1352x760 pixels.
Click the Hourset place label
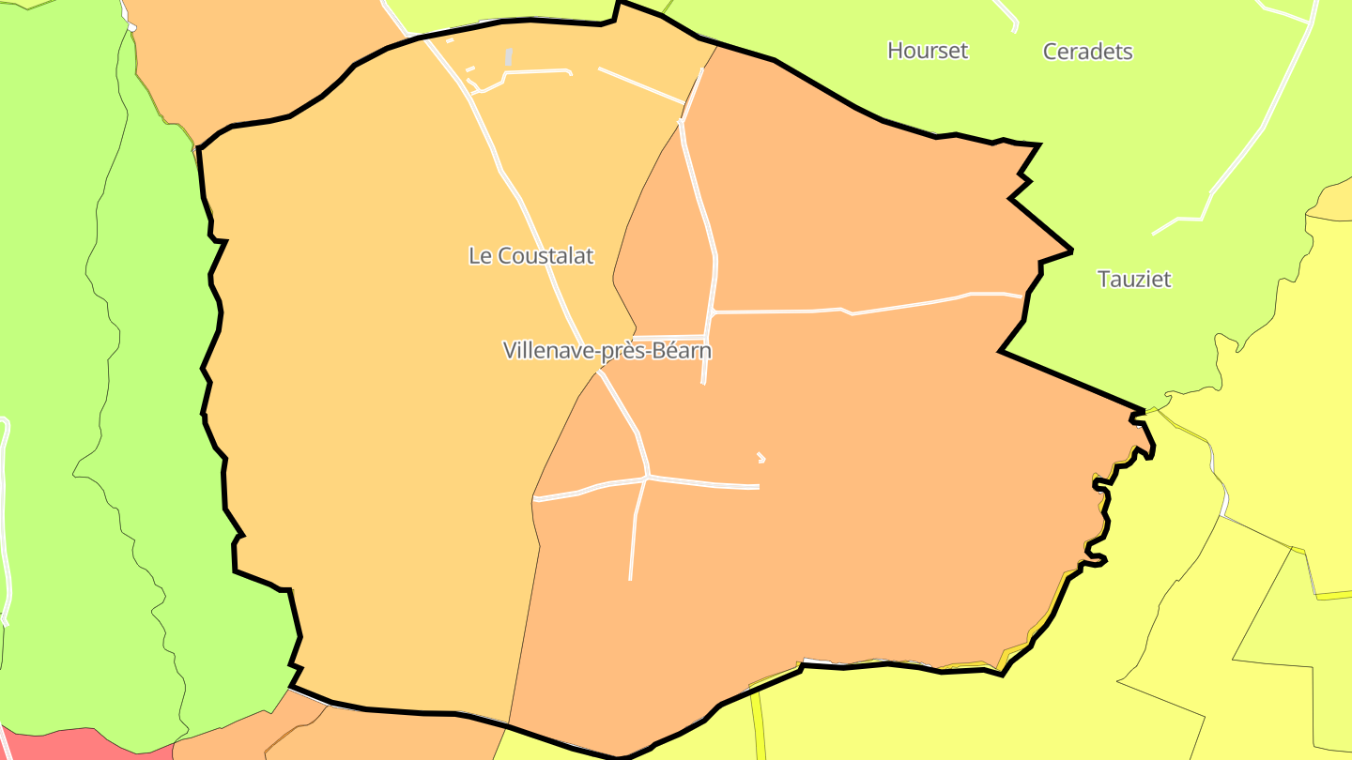(x=927, y=51)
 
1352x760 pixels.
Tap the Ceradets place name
(x=1087, y=52)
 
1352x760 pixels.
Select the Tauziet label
(x=1134, y=279)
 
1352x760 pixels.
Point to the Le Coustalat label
(x=530, y=255)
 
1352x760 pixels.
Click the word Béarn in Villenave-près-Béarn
(x=680, y=351)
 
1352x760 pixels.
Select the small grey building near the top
(x=508, y=57)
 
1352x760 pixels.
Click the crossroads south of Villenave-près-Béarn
(x=647, y=478)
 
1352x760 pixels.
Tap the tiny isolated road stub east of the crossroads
(x=760, y=458)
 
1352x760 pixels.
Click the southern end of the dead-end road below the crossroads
(x=630, y=577)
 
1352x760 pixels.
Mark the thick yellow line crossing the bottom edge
(x=759, y=727)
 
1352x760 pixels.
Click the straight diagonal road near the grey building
(x=641, y=84)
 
